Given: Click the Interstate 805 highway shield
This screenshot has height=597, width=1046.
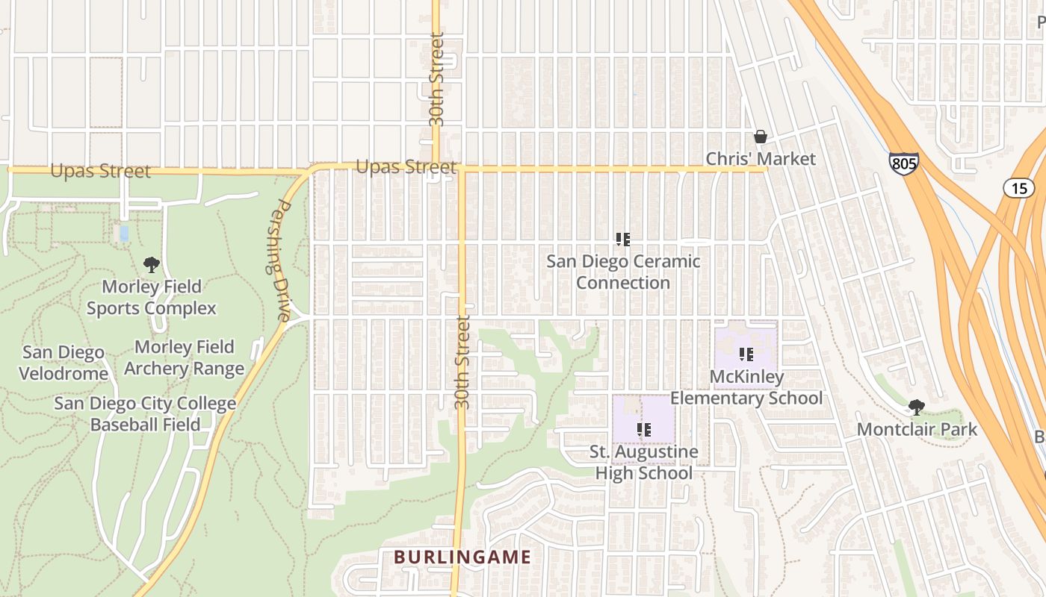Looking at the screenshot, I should point(903,163).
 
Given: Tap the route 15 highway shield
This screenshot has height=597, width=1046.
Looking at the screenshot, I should point(1018,188).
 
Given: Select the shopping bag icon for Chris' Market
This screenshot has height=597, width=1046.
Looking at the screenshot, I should point(761,137).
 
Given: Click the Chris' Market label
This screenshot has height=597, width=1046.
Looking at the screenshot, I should point(761,159).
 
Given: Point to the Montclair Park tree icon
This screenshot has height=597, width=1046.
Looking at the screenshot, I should point(917,407).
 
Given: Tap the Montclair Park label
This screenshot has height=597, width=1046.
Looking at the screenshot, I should point(917,429).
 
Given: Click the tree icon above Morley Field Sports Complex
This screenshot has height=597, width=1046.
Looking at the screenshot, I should point(152,264).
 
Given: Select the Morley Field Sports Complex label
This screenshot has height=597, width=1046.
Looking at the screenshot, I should point(152,297).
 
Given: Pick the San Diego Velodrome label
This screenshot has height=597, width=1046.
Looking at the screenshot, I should point(64,362).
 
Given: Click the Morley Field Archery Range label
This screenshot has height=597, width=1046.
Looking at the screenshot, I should point(185,357).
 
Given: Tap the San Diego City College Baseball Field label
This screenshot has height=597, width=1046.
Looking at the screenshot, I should point(145,414).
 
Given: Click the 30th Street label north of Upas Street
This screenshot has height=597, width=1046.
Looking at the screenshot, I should point(437,79).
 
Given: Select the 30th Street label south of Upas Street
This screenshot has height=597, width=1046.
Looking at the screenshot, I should point(463,363).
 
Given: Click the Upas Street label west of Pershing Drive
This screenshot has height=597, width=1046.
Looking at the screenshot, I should point(100,171).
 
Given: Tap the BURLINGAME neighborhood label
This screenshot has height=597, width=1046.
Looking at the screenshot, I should point(462,557).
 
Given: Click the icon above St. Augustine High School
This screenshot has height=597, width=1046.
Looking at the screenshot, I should point(643,429).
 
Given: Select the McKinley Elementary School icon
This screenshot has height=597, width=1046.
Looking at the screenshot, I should point(746,354).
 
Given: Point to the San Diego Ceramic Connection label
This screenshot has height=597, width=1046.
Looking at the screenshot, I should point(623,272).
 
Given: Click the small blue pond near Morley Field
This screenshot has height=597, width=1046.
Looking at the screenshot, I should point(124,233).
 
